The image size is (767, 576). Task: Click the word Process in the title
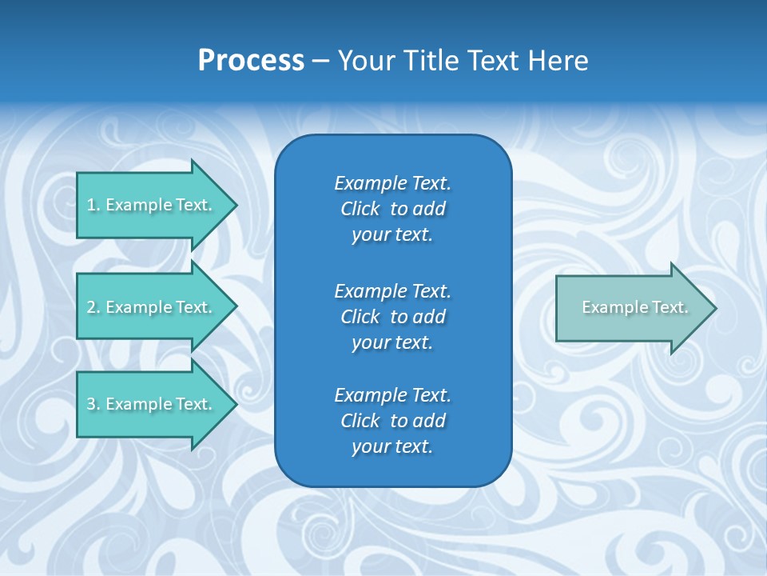(x=251, y=61)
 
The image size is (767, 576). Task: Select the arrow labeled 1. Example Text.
(x=152, y=205)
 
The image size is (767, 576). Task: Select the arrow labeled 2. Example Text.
(x=152, y=307)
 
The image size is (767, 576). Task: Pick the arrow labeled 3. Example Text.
(x=152, y=404)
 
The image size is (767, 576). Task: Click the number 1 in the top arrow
(x=91, y=205)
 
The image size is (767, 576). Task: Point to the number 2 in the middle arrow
(x=91, y=307)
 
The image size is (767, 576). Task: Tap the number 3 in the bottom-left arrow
(x=91, y=404)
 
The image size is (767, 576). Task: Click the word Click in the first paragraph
(x=360, y=209)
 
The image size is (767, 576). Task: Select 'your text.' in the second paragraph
(x=392, y=342)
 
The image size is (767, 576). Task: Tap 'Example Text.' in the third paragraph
(x=392, y=395)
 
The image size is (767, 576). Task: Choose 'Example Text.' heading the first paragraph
(x=392, y=183)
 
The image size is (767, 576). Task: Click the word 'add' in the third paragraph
(x=430, y=421)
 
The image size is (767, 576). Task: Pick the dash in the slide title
(x=320, y=61)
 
